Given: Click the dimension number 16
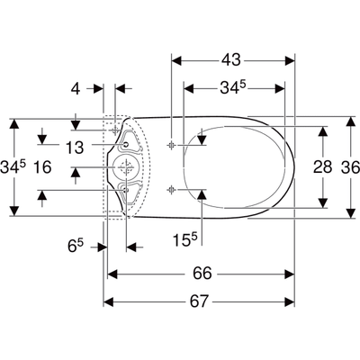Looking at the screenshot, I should pyautogui.click(x=42, y=167).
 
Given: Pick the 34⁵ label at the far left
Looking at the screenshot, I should pyautogui.click(x=13, y=166).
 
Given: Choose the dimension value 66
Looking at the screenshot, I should pyautogui.click(x=202, y=273).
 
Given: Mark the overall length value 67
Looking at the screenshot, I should pyautogui.click(x=202, y=302).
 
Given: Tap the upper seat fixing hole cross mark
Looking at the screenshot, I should pyautogui.click(x=171, y=145).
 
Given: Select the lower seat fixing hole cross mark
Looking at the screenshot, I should pyautogui.click(x=171, y=187).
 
